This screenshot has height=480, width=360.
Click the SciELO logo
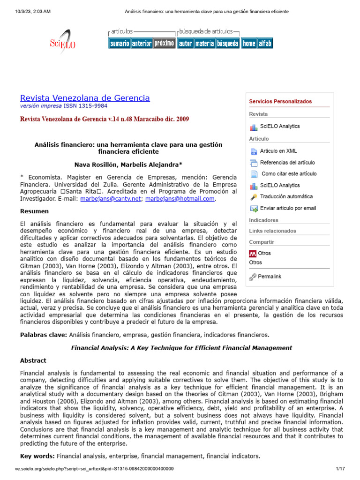(63, 43)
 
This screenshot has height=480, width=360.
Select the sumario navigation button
(120, 44)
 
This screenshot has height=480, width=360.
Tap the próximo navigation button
(164, 44)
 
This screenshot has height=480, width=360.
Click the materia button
(204, 44)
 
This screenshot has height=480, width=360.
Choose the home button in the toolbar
(249, 44)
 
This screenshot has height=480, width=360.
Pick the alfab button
(265, 44)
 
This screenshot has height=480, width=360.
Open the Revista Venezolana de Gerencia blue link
(85, 98)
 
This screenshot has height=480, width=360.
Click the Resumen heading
(34, 211)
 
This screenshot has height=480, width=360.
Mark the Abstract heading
(33, 360)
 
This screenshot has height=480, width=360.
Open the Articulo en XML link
(278, 151)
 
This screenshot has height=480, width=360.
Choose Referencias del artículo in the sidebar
(287, 162)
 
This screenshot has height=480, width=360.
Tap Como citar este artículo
(289, 173)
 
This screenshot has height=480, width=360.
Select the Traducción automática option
(286, 196)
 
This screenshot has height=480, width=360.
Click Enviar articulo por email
(288, 208)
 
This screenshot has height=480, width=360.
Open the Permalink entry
(270, 277)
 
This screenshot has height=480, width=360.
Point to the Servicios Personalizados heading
(280, 101)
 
